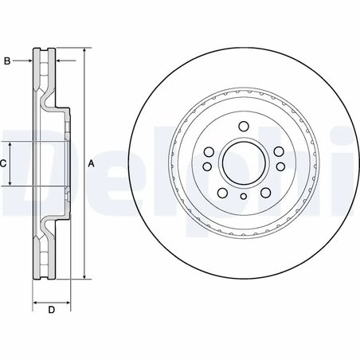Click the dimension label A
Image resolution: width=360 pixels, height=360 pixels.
click(x=91, y=164)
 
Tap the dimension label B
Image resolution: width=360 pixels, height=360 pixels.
click(x=7, y=61)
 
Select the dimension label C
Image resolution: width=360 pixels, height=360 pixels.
click(x=3, y=163)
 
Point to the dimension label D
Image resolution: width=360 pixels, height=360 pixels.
click(x=52, y=310)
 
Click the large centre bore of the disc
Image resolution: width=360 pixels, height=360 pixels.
click(x=244, y=162)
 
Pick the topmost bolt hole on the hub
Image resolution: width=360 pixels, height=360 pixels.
click(x=244, y=127)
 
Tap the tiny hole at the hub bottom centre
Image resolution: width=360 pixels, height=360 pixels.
click(x=243, y=196)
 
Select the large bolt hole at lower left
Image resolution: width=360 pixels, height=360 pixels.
click(x=222, y=193)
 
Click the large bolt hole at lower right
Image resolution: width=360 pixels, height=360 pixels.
click(x=265, y=193)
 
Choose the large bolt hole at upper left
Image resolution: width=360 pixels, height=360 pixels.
click(x=209, y=152)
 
